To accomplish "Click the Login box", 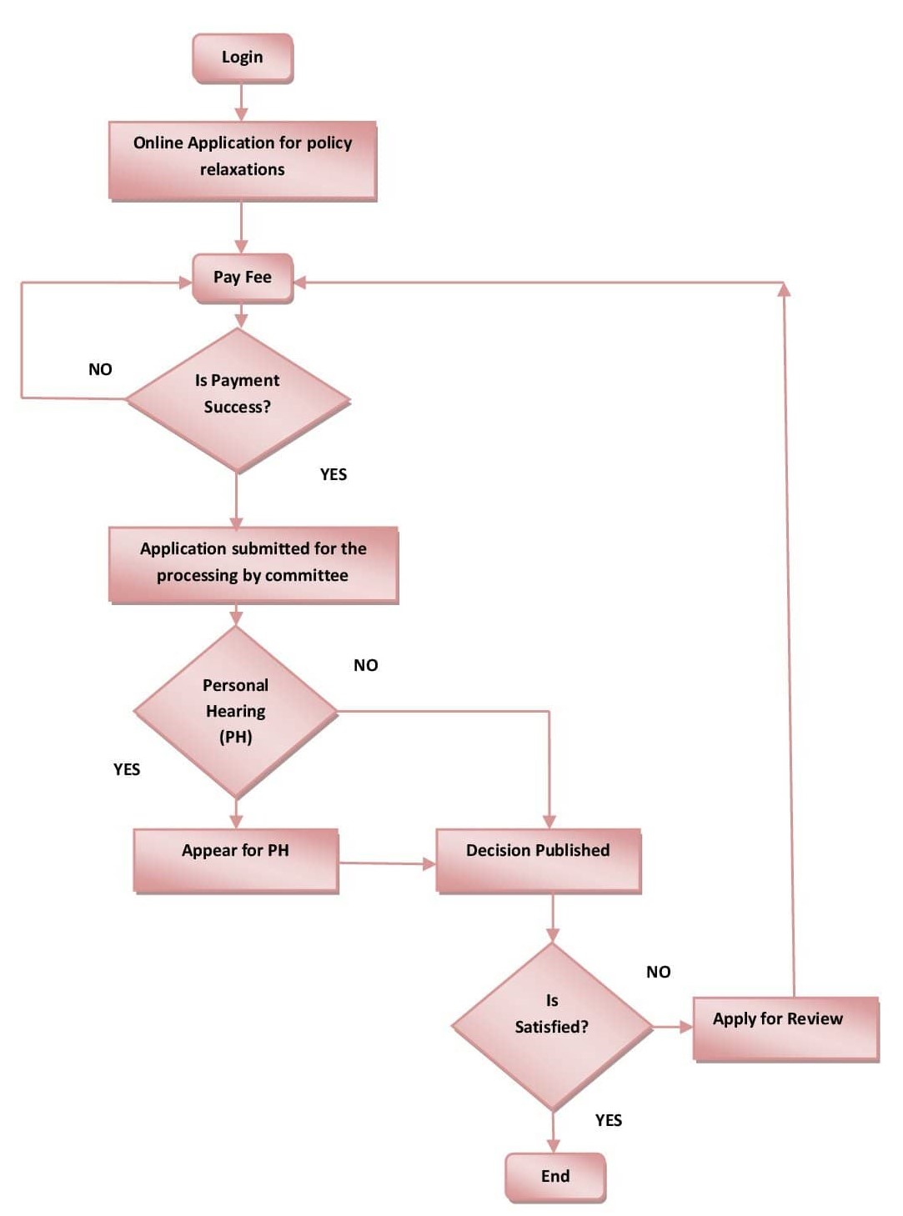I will (243, 58).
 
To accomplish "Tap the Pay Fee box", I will (243, 278).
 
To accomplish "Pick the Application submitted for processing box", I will (253, 563).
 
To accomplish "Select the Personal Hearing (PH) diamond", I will (236, 711).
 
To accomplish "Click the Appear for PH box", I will (236, 860).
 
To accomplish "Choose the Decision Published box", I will (539, 860).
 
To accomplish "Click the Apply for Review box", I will (785, 1028).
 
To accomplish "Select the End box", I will (555, 1176).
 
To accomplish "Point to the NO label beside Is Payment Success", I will (100, 369).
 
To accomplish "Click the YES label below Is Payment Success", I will (334, 474).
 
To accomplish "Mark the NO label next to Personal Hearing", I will (366, 665).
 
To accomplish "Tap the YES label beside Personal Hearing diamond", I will (127, 769).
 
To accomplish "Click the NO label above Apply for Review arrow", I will (659, 972).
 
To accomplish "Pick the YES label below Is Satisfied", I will (609, 1120).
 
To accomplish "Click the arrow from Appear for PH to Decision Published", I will (387, 863).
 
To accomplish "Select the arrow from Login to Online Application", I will (241, 103).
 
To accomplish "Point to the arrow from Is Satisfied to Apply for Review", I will (672, 1027).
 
